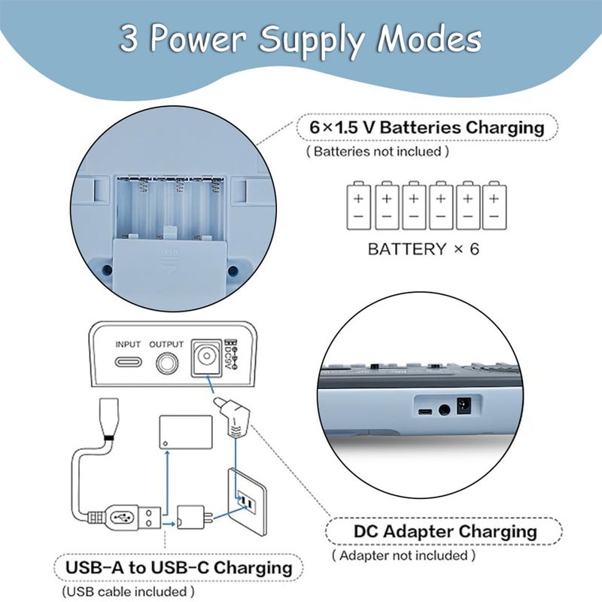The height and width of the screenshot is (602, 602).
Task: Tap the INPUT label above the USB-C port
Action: point(128,345)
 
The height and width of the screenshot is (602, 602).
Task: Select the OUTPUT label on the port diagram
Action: point(166,345)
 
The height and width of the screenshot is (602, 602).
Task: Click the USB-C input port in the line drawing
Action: point(128,362)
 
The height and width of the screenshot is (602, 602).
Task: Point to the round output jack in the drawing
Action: point(167,363)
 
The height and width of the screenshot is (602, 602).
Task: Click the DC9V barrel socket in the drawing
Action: point(206,357)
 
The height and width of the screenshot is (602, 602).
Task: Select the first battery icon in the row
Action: point(359,205)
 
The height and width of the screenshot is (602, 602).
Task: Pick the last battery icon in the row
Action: point(494,205)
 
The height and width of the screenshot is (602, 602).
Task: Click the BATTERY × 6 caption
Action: point(424,249)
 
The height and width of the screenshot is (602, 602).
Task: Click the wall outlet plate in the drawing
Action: point(248,502)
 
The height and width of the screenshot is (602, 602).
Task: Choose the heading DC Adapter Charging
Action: point(445,532)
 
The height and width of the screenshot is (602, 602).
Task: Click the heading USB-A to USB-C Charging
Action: point(179,568)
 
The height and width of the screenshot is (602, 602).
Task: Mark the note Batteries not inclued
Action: point(378,152)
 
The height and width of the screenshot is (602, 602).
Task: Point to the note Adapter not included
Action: point(403,555)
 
